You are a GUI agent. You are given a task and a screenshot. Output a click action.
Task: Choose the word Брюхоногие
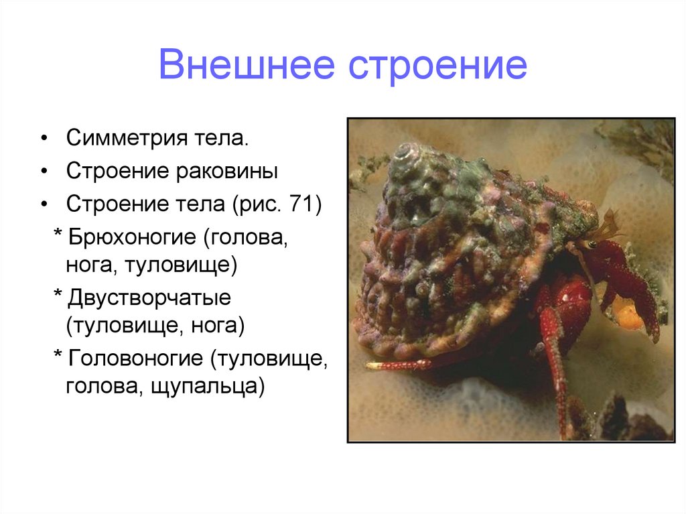[134, 236]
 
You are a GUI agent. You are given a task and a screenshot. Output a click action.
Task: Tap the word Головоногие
[133, 359]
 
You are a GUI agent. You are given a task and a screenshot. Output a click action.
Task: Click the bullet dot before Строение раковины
[44, 172]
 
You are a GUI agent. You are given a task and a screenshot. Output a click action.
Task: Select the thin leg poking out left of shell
[398, 365]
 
